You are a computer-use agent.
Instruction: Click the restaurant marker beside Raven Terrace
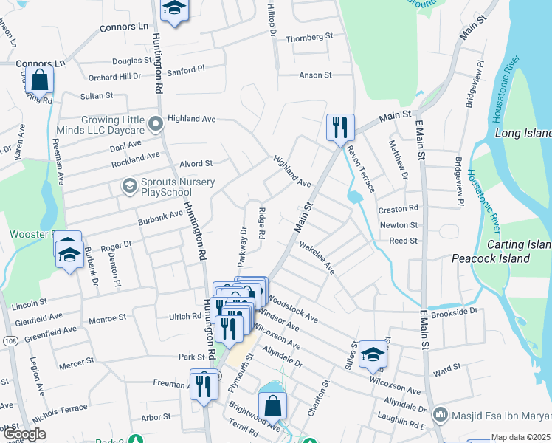click(340, 127)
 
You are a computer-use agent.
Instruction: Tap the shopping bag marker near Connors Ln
click(41, 79)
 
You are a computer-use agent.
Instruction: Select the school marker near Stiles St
click(373, 356)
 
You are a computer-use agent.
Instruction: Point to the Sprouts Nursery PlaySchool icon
click(130, 184)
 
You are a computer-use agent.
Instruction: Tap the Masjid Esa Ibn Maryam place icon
click(441, 413)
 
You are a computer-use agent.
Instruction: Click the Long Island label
click(522, 134)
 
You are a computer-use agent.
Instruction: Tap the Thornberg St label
click(310, 37)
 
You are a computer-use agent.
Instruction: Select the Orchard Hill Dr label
click(114, 77)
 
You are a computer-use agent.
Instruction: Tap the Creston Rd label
click(399, 209)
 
